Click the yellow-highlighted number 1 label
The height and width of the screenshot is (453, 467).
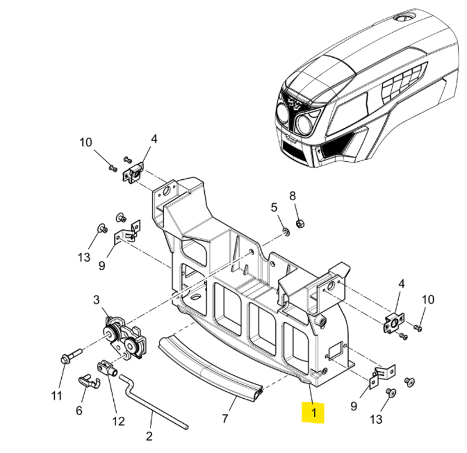click(x=314, y=413)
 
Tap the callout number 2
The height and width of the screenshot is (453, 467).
click(x=149, y=435)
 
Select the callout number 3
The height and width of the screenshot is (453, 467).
click(x=96, y=300)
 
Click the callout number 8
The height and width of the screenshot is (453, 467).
click(x=293, y=196)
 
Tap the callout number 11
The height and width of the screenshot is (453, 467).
click(x=56, y=395)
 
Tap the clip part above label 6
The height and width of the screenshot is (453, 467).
click(x=88, y=381)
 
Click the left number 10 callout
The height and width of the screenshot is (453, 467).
click(x=86, y=142)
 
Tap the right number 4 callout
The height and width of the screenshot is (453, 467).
click(x=401, y=284)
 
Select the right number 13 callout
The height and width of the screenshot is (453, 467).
click(x=376, y=419)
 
